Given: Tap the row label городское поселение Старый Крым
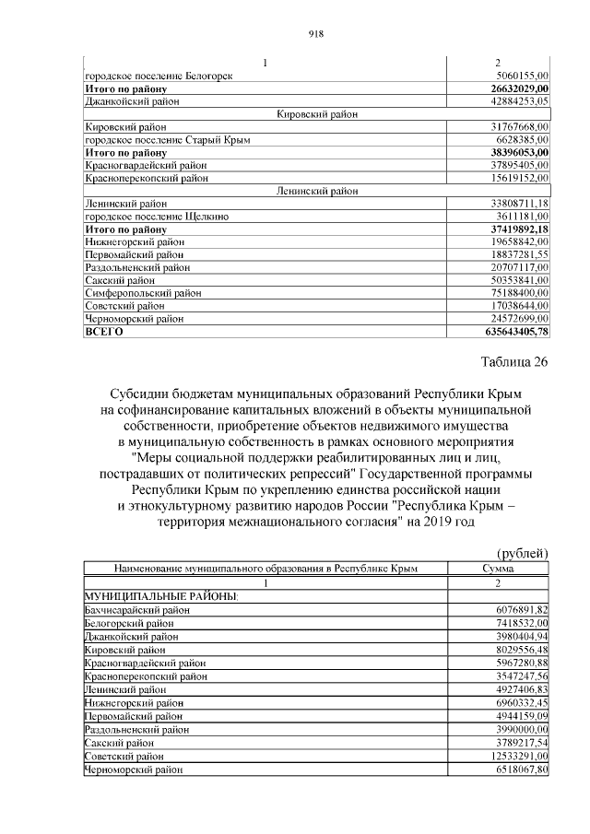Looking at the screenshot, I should click(x=167, y=139).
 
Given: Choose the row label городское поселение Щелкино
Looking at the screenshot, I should click(x=156, y=216).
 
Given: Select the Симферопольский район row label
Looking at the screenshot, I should click(x=137, y=292).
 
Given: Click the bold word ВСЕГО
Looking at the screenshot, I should click(x=103, y=331).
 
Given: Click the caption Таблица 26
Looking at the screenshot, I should click(x=513, y=361).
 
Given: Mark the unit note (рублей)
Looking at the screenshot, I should click(x=522, y=552).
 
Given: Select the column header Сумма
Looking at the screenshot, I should click(x=498, y=569).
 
